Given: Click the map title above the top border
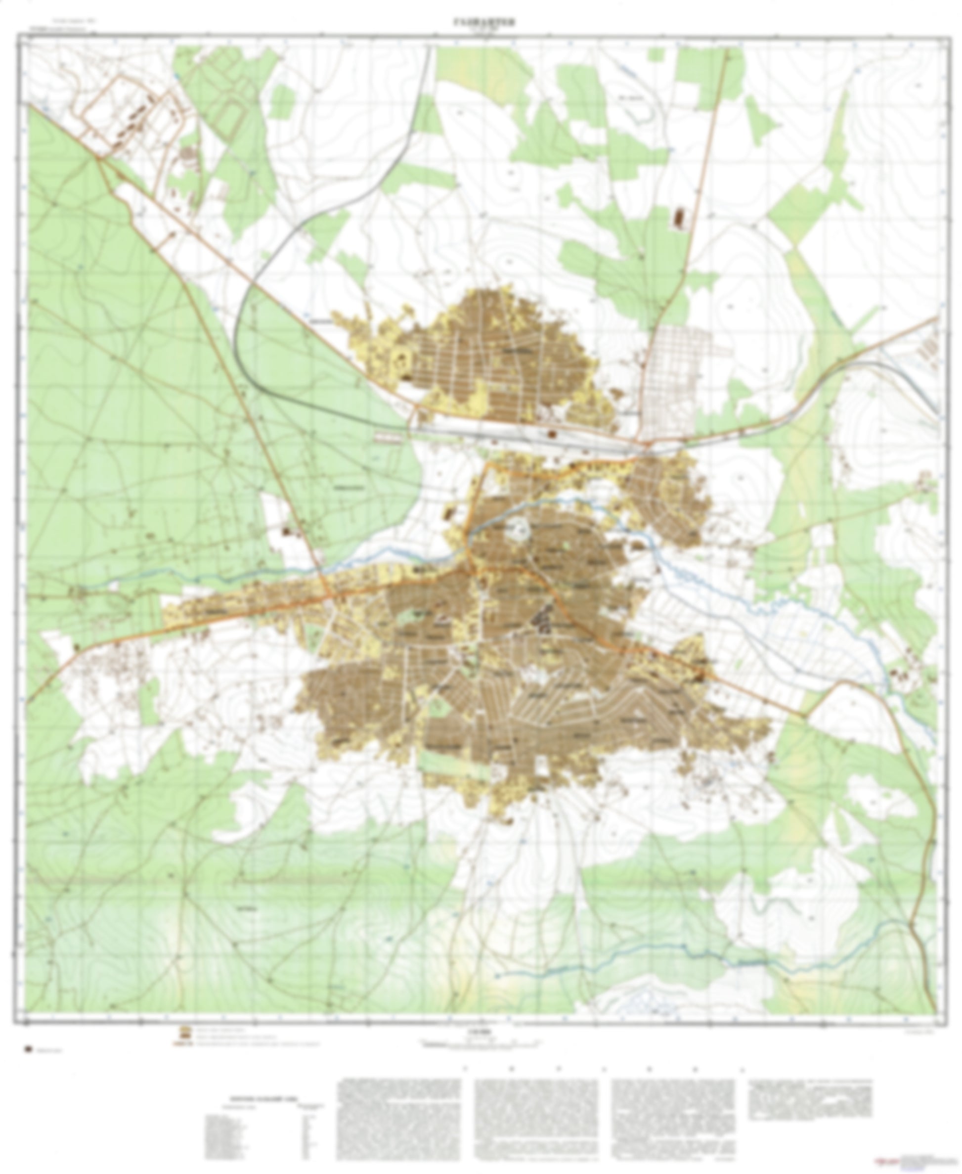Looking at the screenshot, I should pos(481,23).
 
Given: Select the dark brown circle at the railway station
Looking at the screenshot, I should pos(552,434).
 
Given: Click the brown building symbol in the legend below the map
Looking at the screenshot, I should pos(182,1032).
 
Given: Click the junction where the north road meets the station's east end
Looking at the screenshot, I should pos(644,442).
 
